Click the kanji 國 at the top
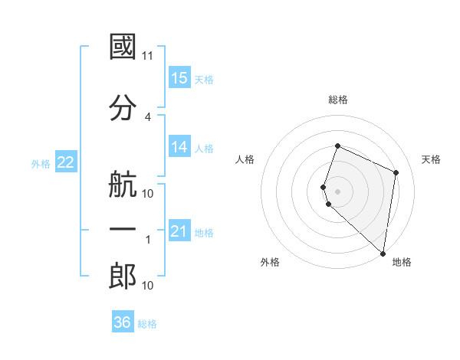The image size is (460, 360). (x=123, y=47)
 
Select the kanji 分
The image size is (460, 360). (x=123, y=108)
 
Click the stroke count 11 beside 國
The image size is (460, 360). (x=148, y=56)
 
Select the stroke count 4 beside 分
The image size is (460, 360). (x=148, y=117)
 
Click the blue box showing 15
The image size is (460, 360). (x=179, y=78)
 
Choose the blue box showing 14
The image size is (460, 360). (x=179, y=147)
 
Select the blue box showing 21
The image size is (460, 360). (x=179, y=231)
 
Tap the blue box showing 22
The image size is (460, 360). (x=65, y=162)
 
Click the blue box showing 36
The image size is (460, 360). (x=123, y=322)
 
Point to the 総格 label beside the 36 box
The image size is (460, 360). (x=147, y=324)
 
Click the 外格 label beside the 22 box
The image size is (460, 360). (x=41, y=164)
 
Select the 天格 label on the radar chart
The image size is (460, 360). (x=431, y=159)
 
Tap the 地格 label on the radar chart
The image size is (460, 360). (x=402, y=262)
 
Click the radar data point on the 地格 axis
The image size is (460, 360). (x=383, y=254)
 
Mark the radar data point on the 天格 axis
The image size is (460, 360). (x=396, y=172)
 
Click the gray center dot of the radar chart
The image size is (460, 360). (x=338, y=191)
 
